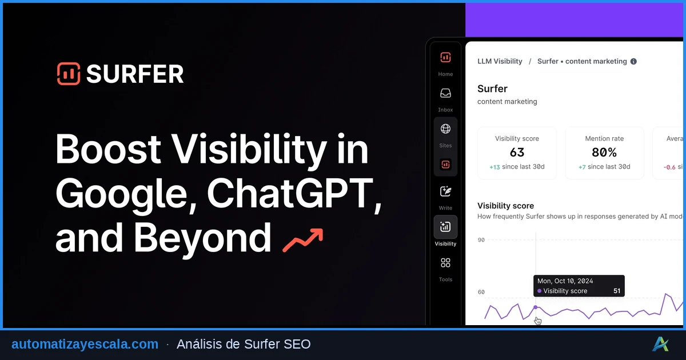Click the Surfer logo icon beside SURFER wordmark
[69, 74]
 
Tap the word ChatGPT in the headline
[293, 194]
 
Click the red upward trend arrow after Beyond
[303, 240]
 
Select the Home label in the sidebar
[445, 74]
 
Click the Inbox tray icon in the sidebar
[445, 93]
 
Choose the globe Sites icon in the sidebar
[445, 129]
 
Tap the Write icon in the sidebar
[445, 191]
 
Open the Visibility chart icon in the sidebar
[445, 227]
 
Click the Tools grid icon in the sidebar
[445, 263]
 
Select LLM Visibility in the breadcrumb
[500, 61]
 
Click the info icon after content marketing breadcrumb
[633, 61]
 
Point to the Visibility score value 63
[517, 153]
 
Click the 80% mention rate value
[604, 153]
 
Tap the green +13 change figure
[494, 167]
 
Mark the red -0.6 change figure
[669, 167]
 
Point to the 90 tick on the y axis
[481, 240]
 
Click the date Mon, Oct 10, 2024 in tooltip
[565, 281]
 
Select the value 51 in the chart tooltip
[617, 291]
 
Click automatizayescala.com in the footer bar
[85, 344]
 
